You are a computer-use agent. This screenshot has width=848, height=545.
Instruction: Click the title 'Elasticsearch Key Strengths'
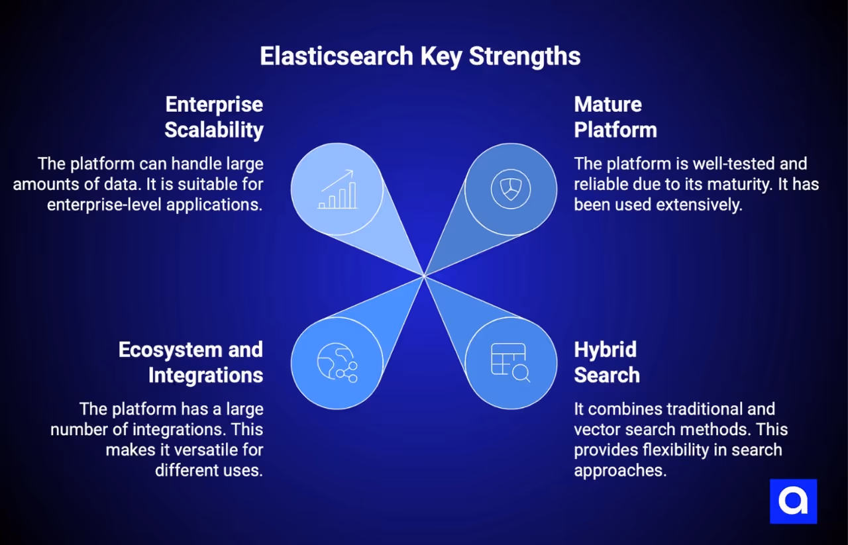420,56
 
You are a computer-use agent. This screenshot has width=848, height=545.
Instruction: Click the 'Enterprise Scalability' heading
213,117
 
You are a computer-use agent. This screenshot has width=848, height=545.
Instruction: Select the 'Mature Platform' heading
615,117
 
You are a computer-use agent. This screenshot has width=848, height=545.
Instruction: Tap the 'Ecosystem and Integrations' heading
191,362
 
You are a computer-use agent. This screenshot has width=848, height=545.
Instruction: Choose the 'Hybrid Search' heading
606,362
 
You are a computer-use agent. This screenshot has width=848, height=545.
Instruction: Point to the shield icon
511,189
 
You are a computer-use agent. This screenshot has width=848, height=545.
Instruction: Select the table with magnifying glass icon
511,363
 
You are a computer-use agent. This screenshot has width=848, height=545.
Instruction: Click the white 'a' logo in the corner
793,501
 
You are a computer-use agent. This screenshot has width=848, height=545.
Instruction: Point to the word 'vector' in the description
595,429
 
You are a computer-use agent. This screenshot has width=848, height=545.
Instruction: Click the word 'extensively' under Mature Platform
700,205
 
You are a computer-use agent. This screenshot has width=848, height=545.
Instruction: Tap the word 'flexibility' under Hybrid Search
676,450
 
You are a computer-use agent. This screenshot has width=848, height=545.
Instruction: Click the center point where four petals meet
424,275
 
